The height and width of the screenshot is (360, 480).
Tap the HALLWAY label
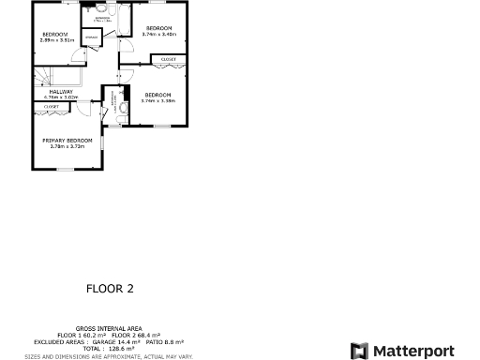61,91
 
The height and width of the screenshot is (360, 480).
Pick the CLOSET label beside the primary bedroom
52,107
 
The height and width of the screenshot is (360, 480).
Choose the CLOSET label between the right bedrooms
168,59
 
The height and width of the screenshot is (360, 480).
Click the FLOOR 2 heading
110,289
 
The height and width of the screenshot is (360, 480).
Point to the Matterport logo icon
359,351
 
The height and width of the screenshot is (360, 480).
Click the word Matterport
413,351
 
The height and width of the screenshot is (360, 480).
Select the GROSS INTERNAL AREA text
109,329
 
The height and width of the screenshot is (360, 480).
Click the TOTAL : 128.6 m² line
110,348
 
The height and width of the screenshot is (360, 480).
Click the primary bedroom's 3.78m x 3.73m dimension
67,146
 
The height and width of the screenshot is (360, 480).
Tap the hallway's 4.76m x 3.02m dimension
61,97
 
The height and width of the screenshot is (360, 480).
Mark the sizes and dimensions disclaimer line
109,355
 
